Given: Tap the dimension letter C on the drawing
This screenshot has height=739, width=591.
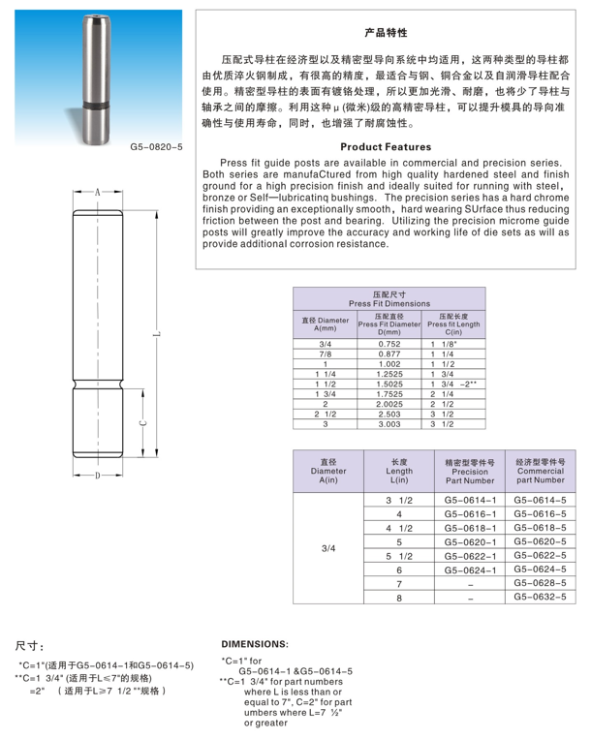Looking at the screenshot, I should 141,422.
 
